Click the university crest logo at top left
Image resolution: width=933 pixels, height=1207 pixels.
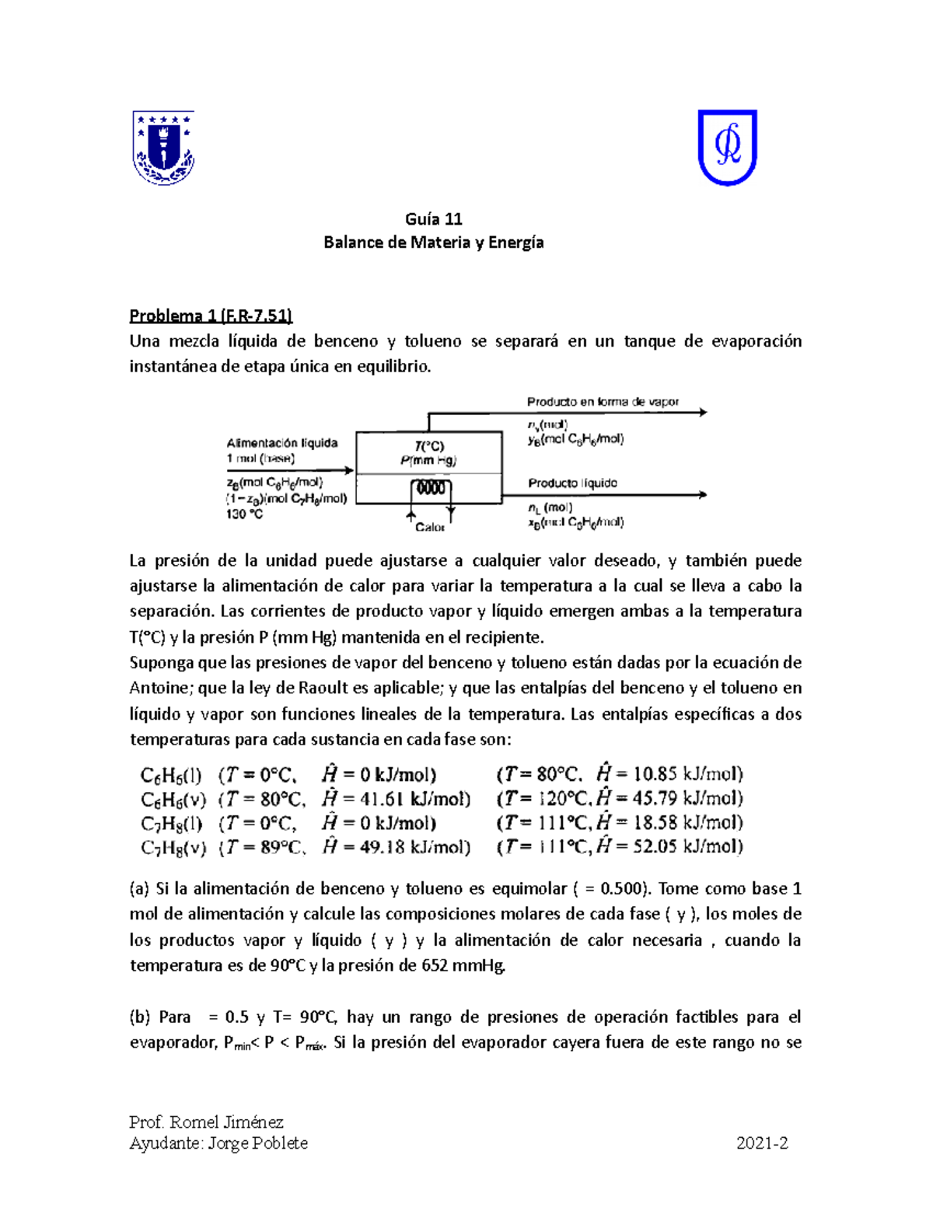click(x=163, y=148)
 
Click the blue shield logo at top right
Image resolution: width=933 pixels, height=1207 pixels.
click(x=727, y=147)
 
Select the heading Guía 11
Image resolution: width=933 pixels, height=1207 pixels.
click(x=434, y=218)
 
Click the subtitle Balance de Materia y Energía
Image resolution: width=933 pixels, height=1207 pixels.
click(x=434, y=242)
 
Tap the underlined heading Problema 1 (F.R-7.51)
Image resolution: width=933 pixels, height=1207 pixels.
click(x=211, y=316)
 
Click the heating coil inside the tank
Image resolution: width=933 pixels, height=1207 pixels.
click(x=430, y=488)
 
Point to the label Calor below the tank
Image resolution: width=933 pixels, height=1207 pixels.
click(x=429, y=527)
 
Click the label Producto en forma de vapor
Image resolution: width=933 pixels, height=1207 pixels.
click(x=603, y=402)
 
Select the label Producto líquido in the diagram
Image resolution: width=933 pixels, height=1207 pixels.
click(x=572, y=483)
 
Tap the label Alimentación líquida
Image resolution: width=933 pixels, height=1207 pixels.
click(x=282, y=443)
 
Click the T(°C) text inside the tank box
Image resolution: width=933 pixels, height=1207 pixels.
click(x=429, y=446)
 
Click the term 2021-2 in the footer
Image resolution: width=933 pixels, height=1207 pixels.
click(x=762, y=1142)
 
